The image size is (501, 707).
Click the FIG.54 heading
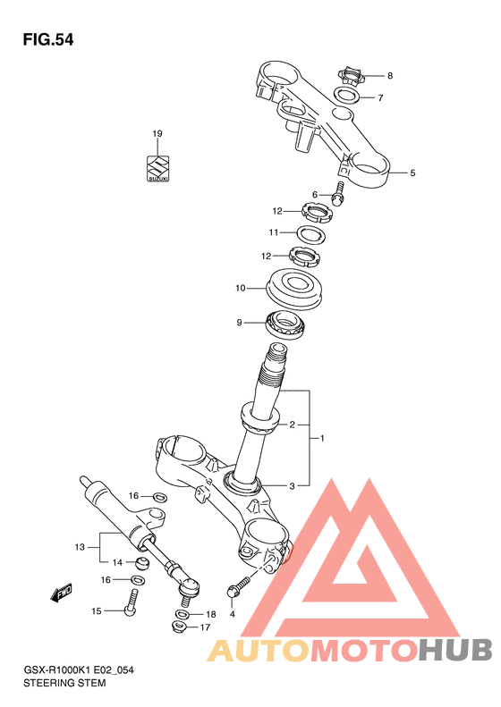(x=47, y=40)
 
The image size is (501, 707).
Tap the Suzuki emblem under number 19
(x=157, y=169)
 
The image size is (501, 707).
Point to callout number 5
(x=412, y=173)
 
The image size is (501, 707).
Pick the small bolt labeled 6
(x=338, y=193)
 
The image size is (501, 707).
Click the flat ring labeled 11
(x=311, y=234)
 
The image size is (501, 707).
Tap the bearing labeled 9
(x=285, y=324)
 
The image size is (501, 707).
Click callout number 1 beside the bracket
(x=322, y=438)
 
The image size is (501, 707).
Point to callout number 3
(x=292, y=486)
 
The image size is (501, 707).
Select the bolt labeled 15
(x=132, y=602)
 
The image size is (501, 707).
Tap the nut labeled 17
(x=180, y=627)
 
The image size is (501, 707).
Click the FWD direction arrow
(x=62, y=594)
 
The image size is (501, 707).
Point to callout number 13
(x=80, y=547)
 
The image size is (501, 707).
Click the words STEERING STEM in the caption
(x=64, y=683)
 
